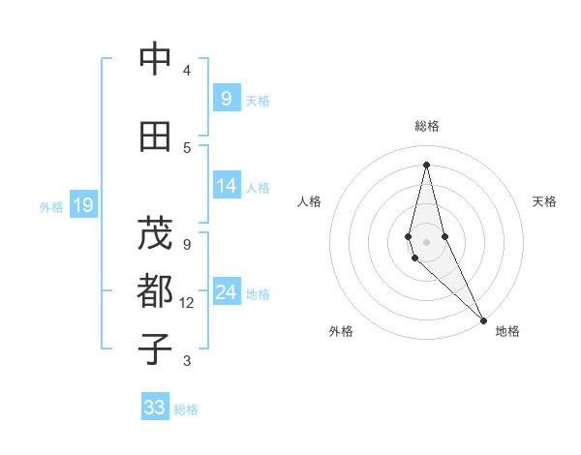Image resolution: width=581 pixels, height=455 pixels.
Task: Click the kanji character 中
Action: point(155,60)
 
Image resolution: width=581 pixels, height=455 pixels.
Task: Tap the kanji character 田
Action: point(155,137)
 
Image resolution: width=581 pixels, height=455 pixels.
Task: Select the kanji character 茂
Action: point(155,233)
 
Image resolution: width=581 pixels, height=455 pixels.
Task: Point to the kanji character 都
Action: point(155,290)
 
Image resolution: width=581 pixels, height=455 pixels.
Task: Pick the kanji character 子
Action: point(155,349)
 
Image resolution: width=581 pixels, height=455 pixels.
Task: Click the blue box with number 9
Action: point(226,98)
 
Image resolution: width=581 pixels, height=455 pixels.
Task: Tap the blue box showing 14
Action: point(226,186)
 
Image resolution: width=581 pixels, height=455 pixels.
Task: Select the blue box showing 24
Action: point(226,292)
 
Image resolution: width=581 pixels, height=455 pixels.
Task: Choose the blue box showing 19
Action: point(82,205)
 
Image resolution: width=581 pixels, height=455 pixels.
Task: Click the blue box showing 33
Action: point(155,408)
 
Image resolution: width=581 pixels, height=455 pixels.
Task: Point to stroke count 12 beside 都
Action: point(187,303)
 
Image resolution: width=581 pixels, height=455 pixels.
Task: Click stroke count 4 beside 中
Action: point(187,71)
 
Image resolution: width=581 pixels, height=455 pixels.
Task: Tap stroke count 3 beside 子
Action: point(187,361)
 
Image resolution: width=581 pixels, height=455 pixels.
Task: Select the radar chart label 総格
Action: point(426,126)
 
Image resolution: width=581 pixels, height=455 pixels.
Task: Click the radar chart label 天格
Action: point(545,201)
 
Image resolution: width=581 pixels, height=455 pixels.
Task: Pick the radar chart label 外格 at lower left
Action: point(341,331)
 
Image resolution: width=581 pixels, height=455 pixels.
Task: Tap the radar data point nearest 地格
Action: point(482,319)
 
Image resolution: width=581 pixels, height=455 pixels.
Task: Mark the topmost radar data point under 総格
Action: point(426,165)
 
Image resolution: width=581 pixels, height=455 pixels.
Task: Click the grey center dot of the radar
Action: point(426,241)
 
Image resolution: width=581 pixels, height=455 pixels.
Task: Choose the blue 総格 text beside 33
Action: point(186,409)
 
